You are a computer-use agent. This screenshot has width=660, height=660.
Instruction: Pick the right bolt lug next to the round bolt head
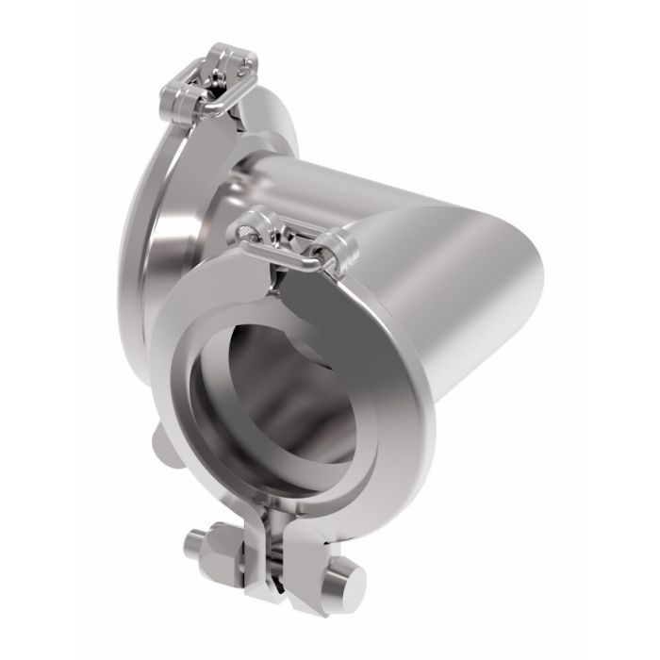(302, 566)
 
